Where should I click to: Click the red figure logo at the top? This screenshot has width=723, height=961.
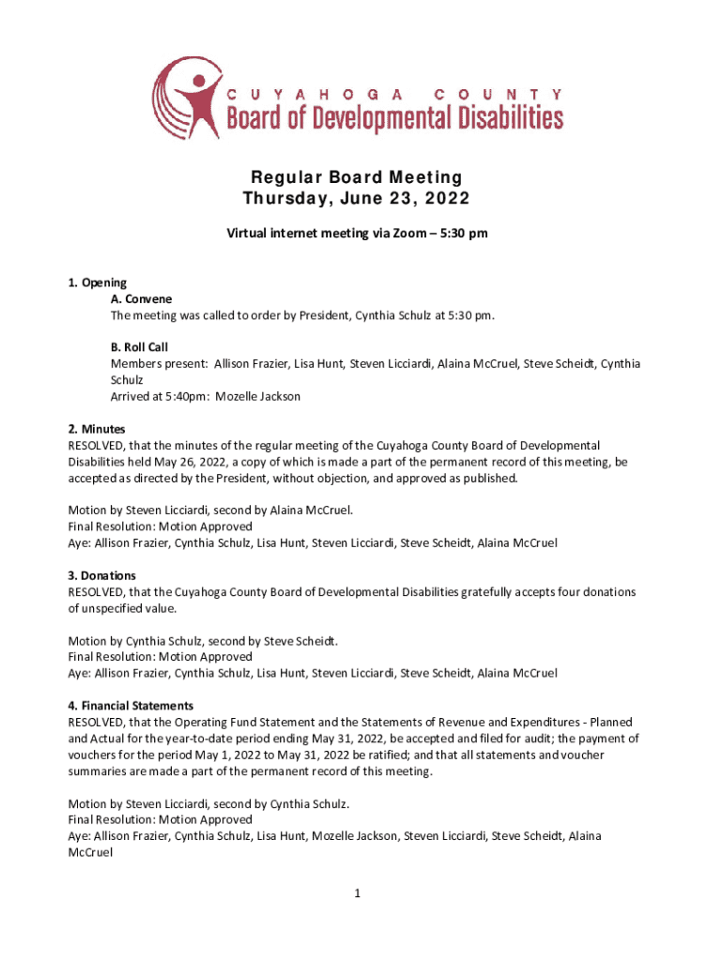[189, 98]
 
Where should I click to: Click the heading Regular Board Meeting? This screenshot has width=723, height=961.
[356, 177]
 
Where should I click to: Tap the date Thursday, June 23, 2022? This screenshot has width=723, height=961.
[356, 199]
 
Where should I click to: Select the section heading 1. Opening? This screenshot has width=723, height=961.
[98, 282]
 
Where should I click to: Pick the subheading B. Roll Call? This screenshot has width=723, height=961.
[139, 347]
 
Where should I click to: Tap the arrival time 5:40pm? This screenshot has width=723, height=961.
[187, 396]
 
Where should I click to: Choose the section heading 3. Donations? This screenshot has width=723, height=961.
[102, 575]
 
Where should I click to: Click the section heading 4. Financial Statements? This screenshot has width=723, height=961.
[131, 706]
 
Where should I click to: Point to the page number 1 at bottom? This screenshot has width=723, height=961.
[358, 894]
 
